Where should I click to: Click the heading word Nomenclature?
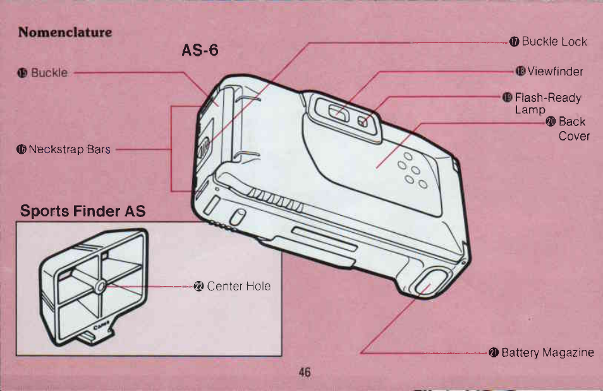tap(65, 32)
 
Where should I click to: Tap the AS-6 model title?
tap(200, 50)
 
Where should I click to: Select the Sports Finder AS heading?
tap(83, 211)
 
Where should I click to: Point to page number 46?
tap(304, 373)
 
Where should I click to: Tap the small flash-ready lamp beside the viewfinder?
tap(363, 121)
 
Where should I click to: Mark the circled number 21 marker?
tap(494, 352)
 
